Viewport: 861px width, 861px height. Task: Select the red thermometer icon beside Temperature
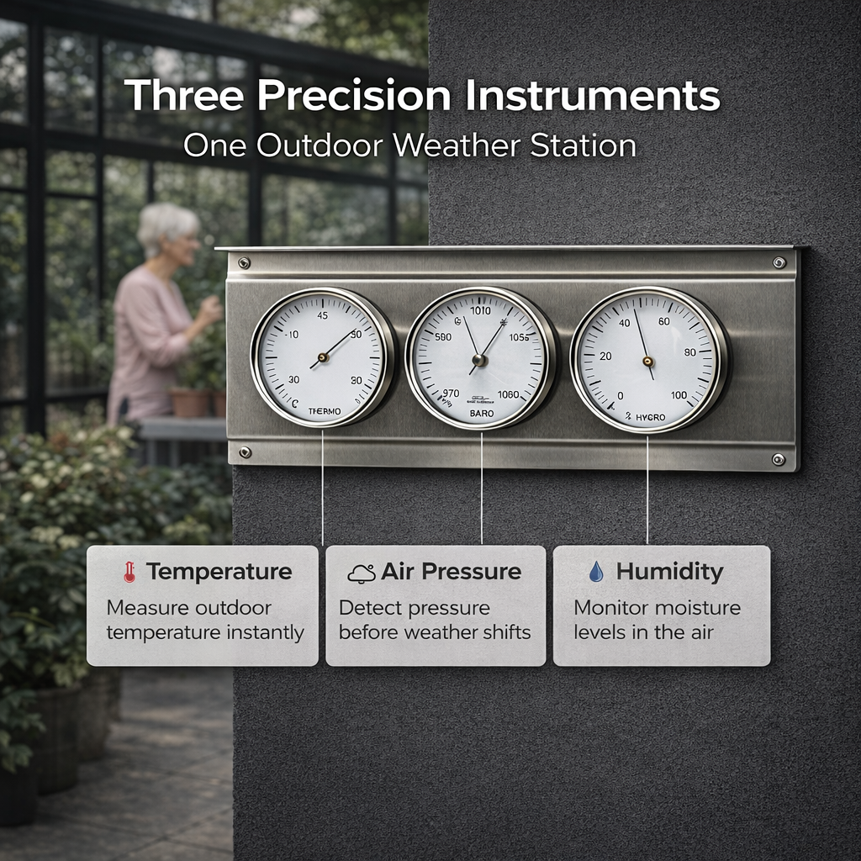128,573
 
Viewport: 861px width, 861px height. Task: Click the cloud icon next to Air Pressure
362,573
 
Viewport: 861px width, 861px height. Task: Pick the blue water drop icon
596,573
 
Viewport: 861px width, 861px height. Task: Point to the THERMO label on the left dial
325,411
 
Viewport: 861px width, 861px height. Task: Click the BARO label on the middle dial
481,415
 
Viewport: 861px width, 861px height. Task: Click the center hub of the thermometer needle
323,357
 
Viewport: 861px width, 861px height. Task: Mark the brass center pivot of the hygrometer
647,362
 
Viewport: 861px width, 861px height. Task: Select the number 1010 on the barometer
480,311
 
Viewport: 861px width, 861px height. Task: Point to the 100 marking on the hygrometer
679,395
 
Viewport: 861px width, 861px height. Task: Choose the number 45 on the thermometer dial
322,316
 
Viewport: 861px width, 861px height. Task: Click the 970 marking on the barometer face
451,394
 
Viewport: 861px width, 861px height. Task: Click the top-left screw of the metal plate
243,263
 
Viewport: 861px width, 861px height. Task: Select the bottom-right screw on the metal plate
779,459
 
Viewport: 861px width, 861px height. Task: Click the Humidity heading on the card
669,572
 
